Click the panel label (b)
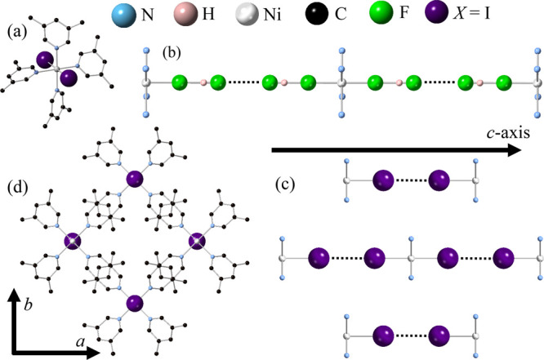[x=172, y=57]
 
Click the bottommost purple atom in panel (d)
[x=135, y=304]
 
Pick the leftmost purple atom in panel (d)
[x=74, y=242]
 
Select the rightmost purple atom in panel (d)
[x=197, y=242]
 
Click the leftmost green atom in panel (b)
[x=181, y=82]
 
